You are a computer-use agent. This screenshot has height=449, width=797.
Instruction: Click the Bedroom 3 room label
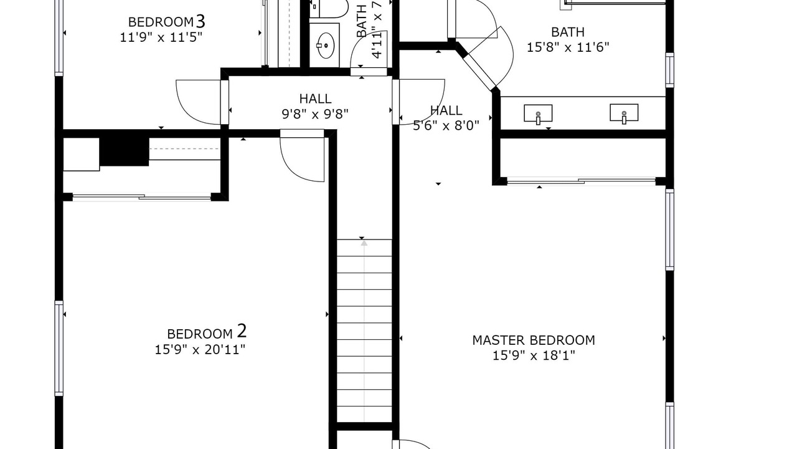[166, 22]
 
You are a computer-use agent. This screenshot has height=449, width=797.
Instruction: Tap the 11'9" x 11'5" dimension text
[161, 37]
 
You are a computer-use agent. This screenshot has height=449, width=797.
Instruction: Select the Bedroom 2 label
[207, 332]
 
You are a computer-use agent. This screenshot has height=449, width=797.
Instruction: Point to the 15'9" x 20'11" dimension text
[200, 350]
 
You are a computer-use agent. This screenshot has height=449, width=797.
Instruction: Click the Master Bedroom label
[534, 340]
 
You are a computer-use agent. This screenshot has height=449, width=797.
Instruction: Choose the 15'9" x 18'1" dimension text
[534, 355]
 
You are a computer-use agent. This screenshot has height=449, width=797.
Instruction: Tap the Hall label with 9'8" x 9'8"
[315, 99]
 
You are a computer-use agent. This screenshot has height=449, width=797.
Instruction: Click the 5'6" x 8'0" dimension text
[446, 125]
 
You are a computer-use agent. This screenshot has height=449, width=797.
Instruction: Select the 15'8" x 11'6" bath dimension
[567, 47]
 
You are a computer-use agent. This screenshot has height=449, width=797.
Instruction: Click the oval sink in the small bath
[325, 46]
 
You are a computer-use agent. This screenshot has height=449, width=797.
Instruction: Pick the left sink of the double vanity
[538, 113]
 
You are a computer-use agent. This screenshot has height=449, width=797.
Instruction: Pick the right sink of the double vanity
[624, 113]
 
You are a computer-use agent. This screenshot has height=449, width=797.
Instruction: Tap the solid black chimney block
[124, 152]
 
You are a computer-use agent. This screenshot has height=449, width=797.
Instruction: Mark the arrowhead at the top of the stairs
[364, 243]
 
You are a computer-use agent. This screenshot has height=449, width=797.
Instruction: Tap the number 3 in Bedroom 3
[200, 21]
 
